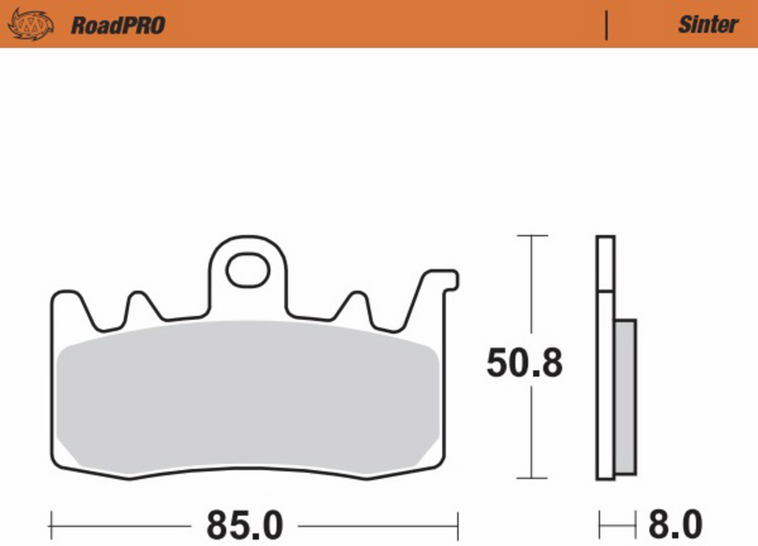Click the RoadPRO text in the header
pos(118,25)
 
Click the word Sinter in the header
pos(707,24)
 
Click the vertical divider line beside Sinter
pos(606,25)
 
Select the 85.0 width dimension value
pos(244,524)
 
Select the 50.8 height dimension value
pos(524,364)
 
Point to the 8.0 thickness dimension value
pos(675,524)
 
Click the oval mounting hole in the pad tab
pos(247,270)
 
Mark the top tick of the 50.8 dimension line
pos(531,235)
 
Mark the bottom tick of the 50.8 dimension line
pos(531,478)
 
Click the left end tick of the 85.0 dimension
pos(51,524)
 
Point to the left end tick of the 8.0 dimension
pos(599,524)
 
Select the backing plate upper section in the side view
pos(605,264)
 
